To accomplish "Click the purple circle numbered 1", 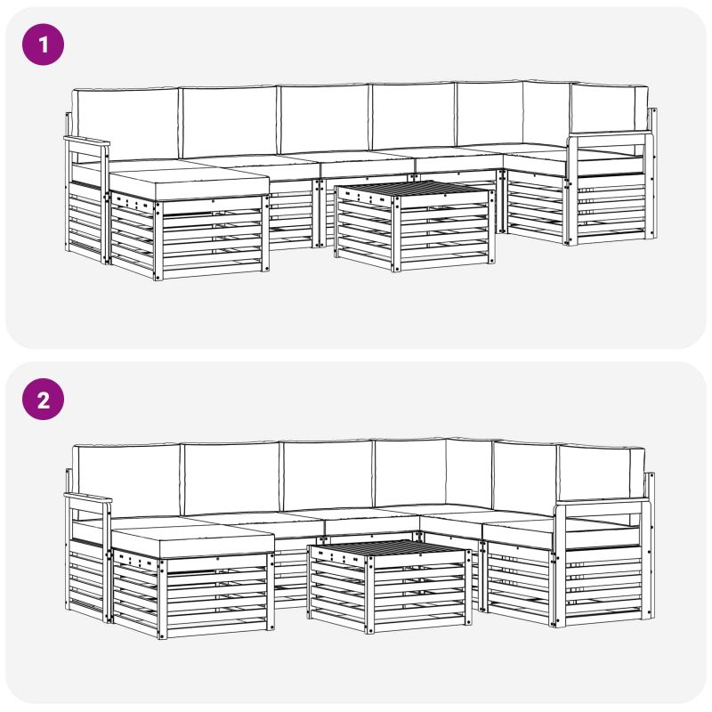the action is click(43, 44).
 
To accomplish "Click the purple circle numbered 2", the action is click(43, 400).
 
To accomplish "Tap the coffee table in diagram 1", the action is click(415, 226).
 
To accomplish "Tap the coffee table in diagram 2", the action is click(390, 587).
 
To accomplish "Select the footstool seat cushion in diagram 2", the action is click(192, 542).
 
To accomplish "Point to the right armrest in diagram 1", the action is click(610, 134).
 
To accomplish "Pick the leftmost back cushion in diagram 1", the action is click(125, 124).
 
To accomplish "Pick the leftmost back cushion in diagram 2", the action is click(126, 481).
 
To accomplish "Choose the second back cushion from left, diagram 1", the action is click(230, 122).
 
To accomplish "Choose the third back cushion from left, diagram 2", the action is click(328, 475).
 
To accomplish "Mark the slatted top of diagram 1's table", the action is click(413, 190).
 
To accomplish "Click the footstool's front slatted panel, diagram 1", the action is click(212, 238).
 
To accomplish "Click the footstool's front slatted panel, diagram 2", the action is click(216, 595).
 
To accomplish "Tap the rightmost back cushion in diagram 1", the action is click(610, 108).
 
